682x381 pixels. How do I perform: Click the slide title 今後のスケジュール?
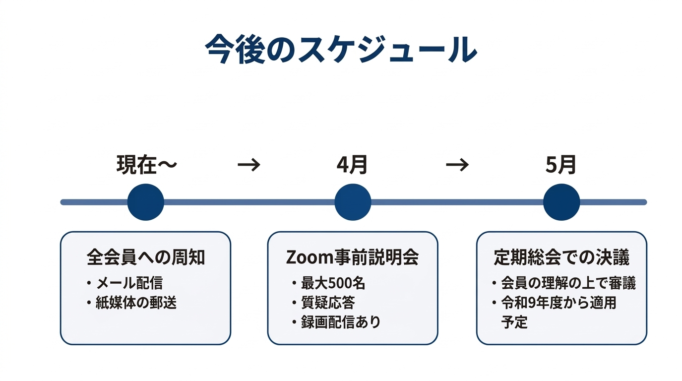341,50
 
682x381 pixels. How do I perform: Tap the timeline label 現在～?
146,165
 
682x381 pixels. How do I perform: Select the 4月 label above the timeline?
352,165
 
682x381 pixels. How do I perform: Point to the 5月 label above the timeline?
561,165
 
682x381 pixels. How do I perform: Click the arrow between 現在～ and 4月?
249,165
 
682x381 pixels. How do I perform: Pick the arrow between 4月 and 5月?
457,165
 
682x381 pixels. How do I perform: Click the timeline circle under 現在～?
146,202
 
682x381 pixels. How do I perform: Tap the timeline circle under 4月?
353,202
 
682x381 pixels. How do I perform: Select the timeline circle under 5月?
561,202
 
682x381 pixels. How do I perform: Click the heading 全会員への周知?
145,257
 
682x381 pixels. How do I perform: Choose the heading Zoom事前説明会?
353,257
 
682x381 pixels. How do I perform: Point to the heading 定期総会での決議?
561,257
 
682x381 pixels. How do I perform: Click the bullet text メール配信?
129,283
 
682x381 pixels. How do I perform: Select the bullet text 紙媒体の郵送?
136,303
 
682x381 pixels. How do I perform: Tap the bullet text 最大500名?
333,283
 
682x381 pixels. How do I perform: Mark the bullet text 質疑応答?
328,303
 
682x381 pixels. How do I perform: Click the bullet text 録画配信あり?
341,322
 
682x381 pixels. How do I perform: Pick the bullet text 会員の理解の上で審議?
568,283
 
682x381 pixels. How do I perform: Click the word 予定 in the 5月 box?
514,322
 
